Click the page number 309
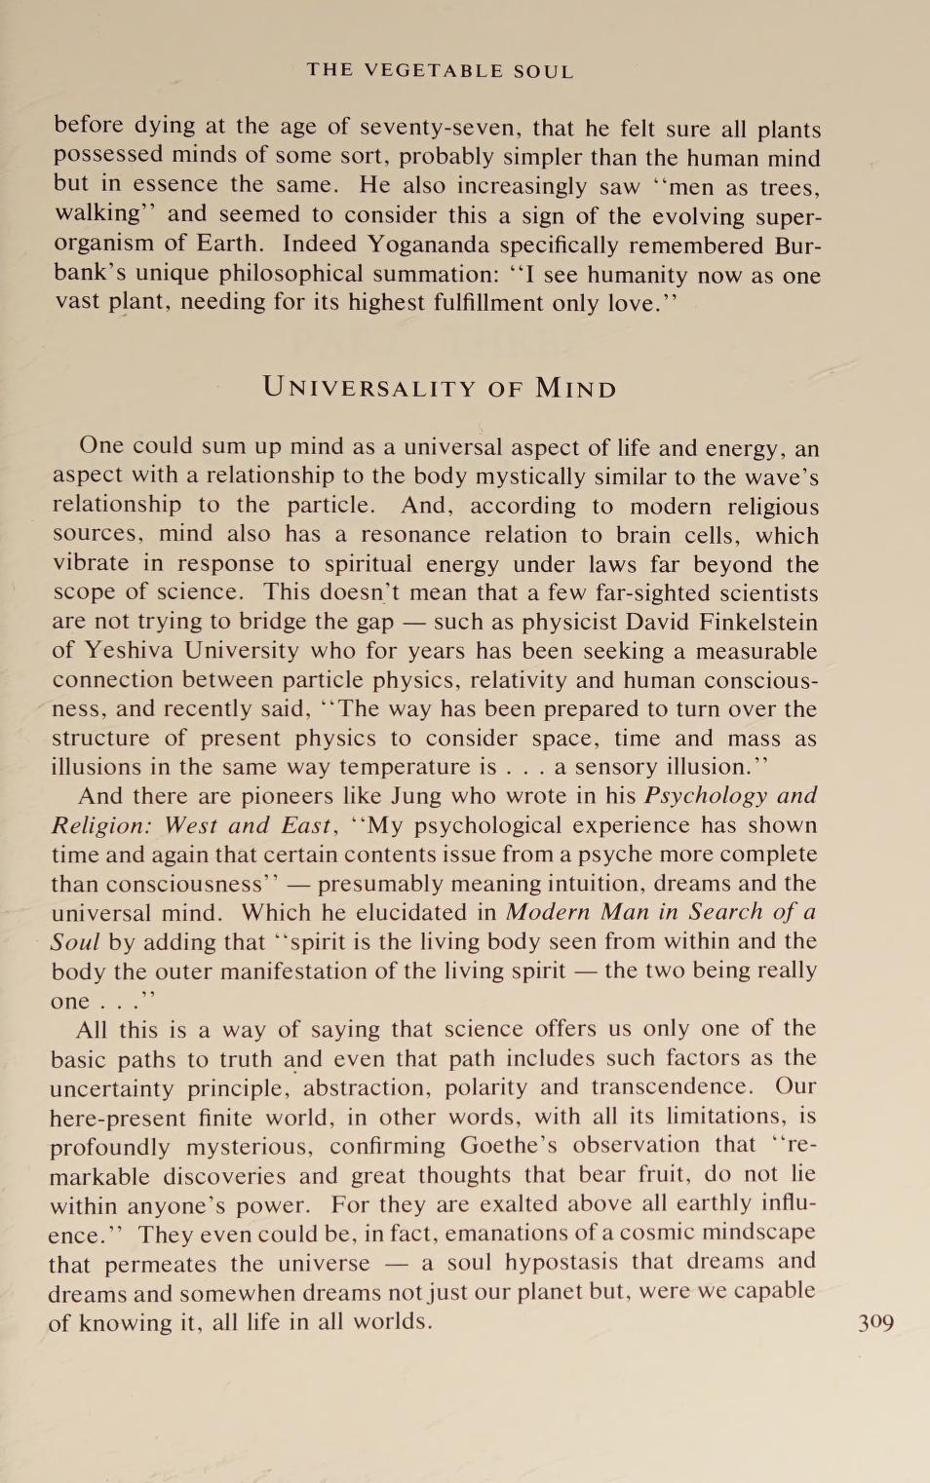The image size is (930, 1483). tap(875, 1322)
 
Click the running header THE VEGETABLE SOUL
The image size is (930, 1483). tap(440, 71)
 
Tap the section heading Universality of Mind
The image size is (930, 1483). tap(440, 388)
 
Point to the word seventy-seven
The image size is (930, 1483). tap(431, 128)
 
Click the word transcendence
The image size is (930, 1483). tap(671, 1087)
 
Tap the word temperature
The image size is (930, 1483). tap(404, 767)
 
